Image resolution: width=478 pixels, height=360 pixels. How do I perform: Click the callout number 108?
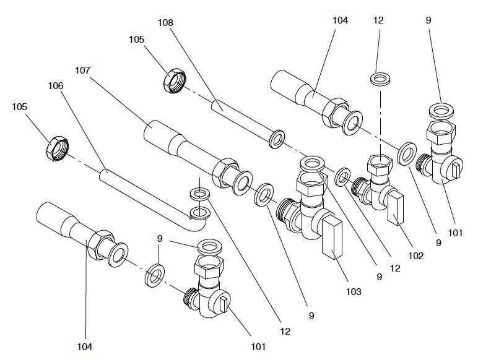165,22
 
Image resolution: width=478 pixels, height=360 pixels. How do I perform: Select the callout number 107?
83,70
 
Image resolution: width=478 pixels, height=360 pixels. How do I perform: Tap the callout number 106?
55,86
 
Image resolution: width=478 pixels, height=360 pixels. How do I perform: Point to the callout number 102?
416,255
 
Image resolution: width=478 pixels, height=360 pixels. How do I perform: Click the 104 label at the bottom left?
84,347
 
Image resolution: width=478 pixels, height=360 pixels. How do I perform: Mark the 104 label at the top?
340,20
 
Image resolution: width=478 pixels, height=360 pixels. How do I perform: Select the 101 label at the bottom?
258,347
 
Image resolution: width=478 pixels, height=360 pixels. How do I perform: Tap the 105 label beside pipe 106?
20,107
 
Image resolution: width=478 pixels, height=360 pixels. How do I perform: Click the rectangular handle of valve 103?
332,238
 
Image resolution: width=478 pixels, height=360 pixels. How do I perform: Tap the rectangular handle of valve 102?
394,208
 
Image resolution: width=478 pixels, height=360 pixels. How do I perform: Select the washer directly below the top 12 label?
379,79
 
